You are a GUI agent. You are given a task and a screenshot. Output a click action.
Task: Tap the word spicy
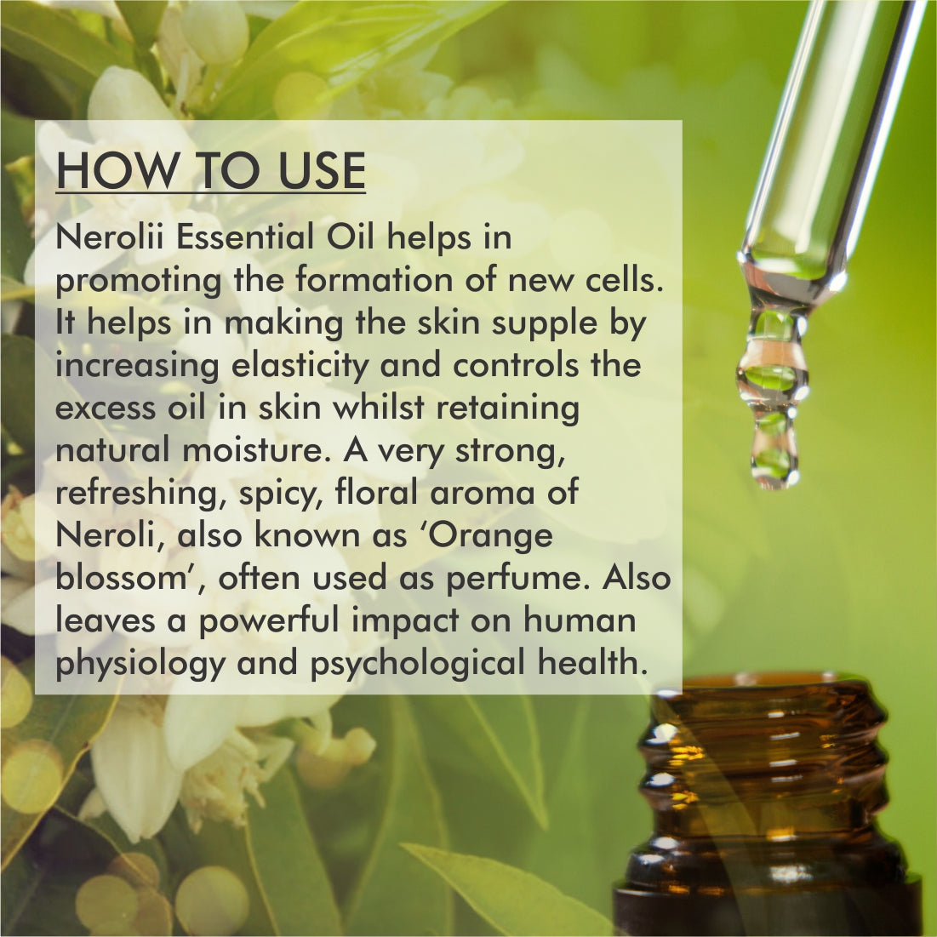(280, 494)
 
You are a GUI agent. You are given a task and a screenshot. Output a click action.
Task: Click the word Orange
(502, 536)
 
